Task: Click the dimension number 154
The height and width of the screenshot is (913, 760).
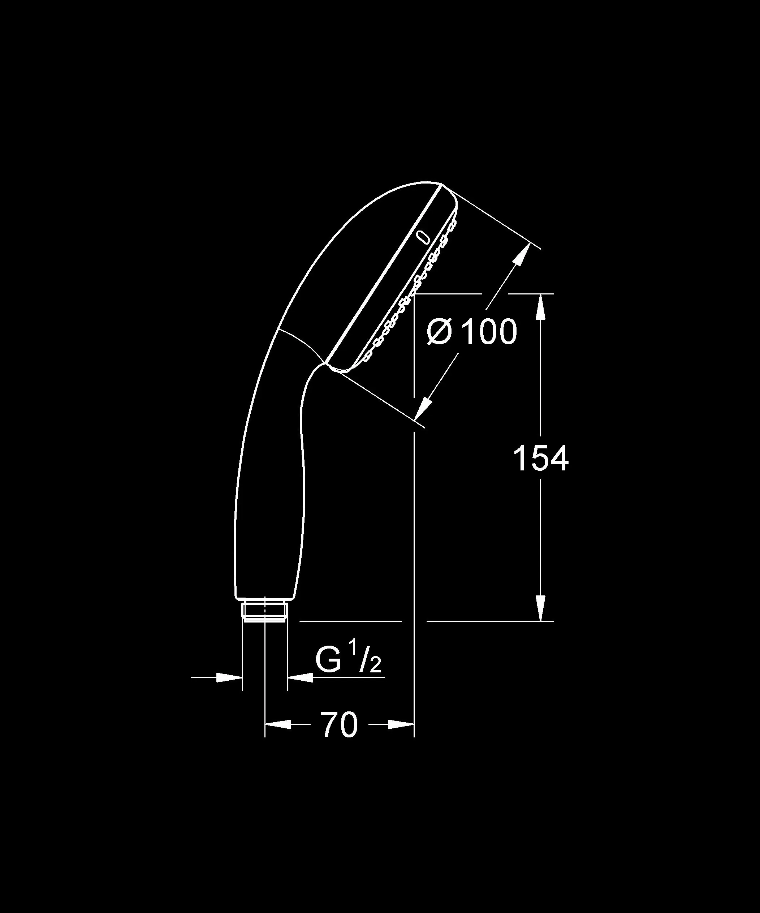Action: click(x=540, y=459)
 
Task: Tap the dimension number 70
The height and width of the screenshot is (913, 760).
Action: click(x=340, y=725)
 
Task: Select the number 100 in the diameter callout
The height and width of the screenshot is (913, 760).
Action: click(x=489, y=332)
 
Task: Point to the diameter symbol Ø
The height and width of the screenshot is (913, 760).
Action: click(x=440, y=332)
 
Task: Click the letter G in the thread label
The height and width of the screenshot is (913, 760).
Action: click(x=328, y=661)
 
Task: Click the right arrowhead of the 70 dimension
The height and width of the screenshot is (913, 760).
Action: click(x=401, y=724)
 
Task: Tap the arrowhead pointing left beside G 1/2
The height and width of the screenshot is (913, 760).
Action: click(x=300, y=677)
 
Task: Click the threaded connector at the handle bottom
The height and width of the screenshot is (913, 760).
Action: click(x=264, y=611)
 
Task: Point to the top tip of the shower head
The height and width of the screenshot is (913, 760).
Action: click(x=440, y=184)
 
